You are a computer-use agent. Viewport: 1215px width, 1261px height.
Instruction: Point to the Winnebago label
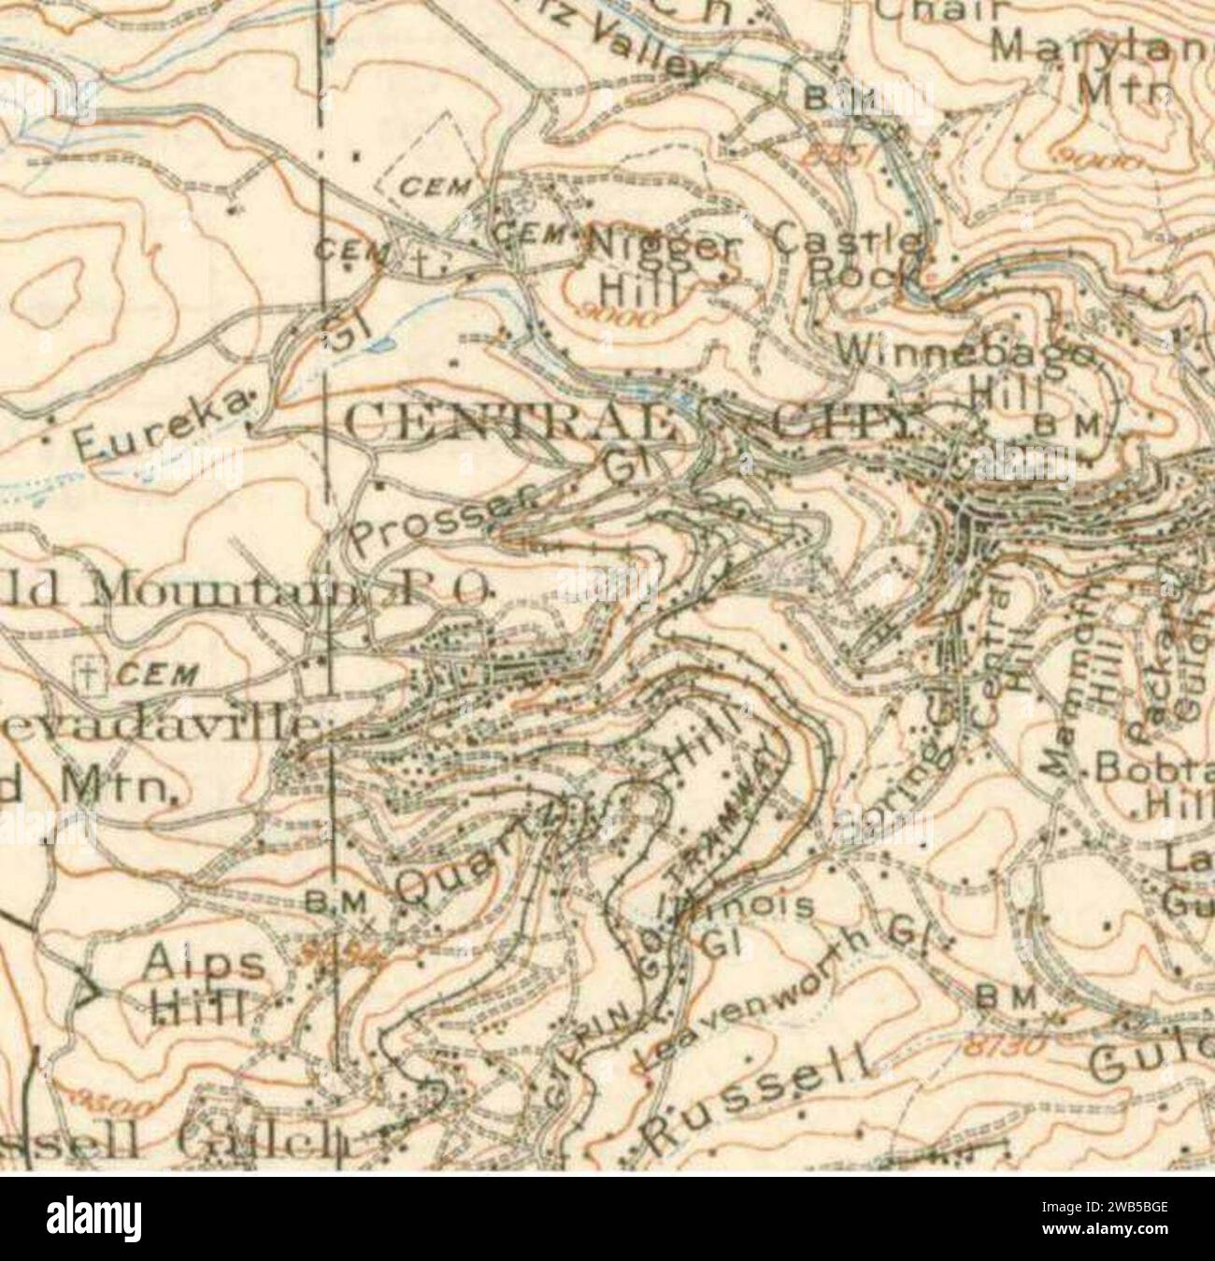pyautogui.click(x=967, y=353)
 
